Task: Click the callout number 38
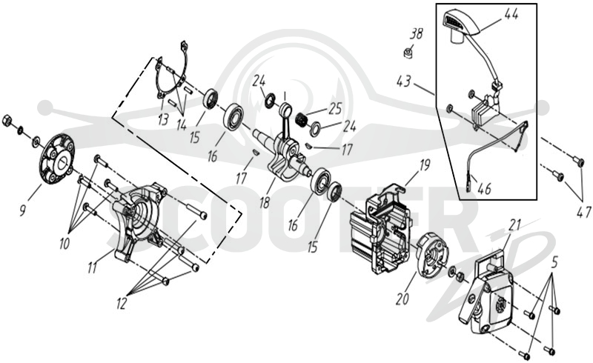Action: [417, 34]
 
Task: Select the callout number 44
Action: [511, 14]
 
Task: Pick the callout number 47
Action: [584, 212]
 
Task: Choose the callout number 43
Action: [404, 81]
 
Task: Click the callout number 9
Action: [23, 210]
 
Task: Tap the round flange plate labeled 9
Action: [58, 159]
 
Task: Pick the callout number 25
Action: [335, 108]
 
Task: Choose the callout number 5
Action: [555, 262]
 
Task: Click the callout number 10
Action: [64, 244]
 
